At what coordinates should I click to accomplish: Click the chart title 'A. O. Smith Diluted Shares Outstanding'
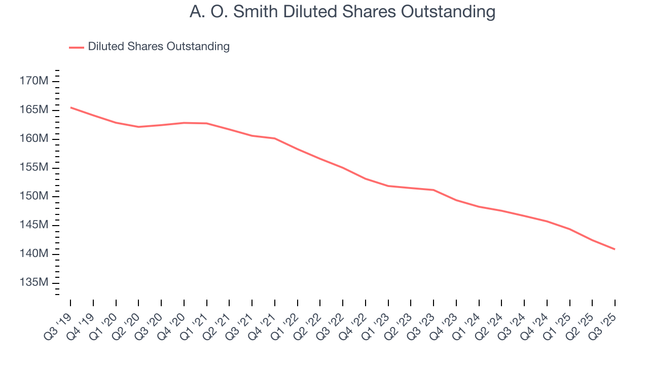pyautogui.click(x=342, y=11)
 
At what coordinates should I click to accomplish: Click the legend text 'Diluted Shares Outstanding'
pyautogui.click(x=159, y=47)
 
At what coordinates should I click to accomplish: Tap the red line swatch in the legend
pyautogui.click(x=77, y=47)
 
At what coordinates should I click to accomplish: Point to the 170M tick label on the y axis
pyautogui.click(x=34, y=81)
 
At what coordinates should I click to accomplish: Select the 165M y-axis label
pyautogui.click(x=34, y=110)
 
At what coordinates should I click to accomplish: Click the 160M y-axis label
pyautogui.click(x=34, y=139)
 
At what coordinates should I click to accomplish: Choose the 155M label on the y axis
pyautogui.click(x=34, y=167)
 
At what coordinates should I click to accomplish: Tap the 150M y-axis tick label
pyautogui.click(x=34, y=196)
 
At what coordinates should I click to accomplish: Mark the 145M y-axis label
pyautogui.click(x=34, y=225)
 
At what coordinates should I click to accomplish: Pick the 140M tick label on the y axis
pyautogui.click(x=34, y=253)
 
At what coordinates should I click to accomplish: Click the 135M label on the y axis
pyautogui.click(x=34, y=282)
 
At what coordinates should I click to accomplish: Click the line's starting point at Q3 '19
pyautogui.click(x=70, y=107)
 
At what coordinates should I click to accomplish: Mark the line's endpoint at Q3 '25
pyautogui.click(x=615, y=249)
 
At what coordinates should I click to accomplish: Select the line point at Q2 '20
pyautogui.click(x=138, y=127)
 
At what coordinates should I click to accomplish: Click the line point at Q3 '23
pyautogui.click(x=434, y=190)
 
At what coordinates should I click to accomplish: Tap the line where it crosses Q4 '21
pyautogui.click(x=275, y=138)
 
